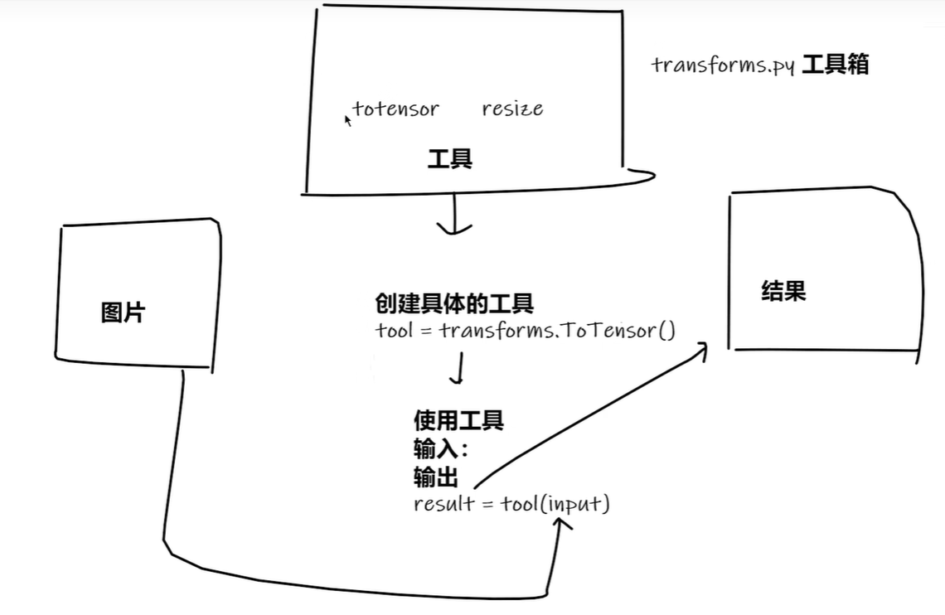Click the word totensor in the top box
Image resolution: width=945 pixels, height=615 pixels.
(396, 109)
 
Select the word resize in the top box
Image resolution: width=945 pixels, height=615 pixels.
(512, 109)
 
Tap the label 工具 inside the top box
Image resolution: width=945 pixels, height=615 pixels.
(450, 158)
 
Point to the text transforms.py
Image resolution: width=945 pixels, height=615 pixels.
(724, 65)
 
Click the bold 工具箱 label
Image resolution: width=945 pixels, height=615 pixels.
(836, 65)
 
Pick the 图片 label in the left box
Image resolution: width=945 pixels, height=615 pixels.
(123, 312)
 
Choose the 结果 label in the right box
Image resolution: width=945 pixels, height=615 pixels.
(783, 291)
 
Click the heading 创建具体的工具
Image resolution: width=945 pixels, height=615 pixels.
(453, 304)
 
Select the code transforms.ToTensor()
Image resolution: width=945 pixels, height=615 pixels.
(558, 332)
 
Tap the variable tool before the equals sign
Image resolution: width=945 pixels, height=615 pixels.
(394, 332)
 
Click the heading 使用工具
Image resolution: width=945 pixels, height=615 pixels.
(458, 420)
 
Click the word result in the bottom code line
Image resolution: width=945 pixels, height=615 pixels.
(444, 504)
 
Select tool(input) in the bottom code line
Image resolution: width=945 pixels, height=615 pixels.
(555, 504)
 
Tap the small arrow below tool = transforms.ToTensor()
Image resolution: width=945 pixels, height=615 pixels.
(457, 370)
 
